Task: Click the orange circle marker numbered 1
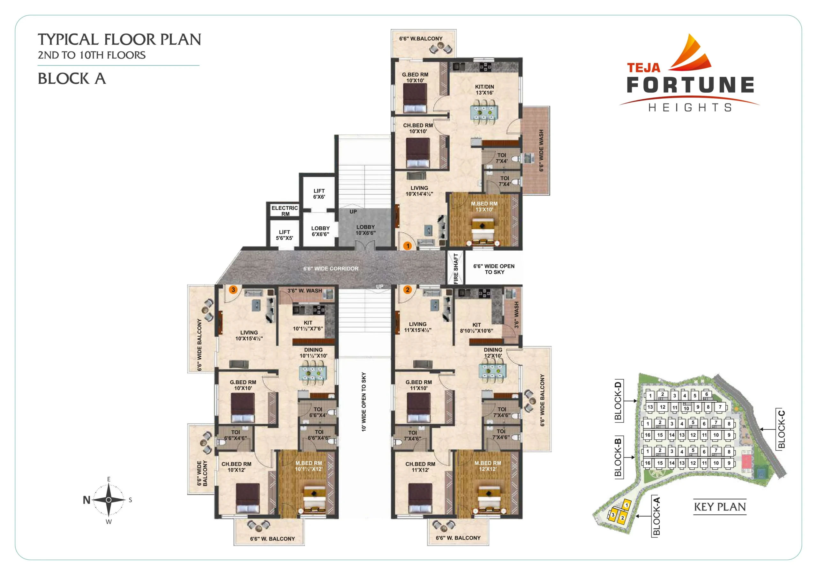pos(408,246)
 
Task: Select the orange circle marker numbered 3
pos(233,290)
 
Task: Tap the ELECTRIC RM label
pos(285,211)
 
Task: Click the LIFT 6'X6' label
pos(319,194)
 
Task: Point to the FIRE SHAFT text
pos(456,269)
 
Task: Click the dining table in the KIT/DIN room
pos(483,112)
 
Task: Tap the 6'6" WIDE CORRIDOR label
pos(331,269)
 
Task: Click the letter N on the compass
pos(86,500)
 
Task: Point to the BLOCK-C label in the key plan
pos(782,429)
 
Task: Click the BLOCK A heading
pos(72,78)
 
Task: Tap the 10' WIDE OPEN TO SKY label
pos(364,402)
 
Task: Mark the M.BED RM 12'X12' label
pos(488,466)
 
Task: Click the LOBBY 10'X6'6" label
pos(365,230)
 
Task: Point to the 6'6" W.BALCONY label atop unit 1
pos(421,38)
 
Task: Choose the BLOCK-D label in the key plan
pos(618,401)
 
